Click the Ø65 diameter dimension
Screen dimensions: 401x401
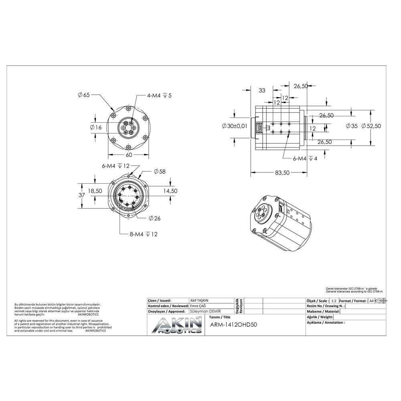point(84,95)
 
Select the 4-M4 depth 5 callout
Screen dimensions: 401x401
point(159,95)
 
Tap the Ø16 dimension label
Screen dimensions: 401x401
point(96,128)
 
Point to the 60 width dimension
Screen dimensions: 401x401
point(129,155)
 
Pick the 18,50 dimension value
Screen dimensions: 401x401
point(95,191)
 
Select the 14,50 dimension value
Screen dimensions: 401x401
point(170,191)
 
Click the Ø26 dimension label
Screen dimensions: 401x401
point(154,218)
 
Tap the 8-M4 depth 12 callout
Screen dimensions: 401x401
point(143,234)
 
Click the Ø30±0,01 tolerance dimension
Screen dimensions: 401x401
point(234,126)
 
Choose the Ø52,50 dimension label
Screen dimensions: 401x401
point(371,126)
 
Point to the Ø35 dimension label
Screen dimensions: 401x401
point(351,126)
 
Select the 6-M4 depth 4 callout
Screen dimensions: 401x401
point(305,158)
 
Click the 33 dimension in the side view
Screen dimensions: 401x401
point(262,91)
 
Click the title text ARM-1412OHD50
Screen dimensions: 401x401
point(233,325)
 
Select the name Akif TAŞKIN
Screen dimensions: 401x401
point(199,300)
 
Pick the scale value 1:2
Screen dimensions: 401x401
point(334,301)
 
